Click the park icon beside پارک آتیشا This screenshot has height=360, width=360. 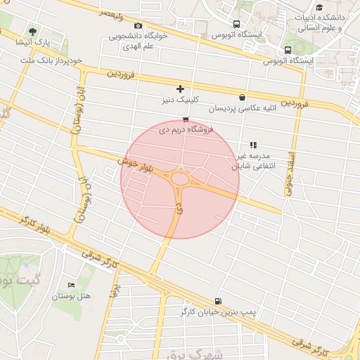click(33, 32)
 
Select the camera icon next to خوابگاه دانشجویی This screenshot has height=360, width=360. click(137, 26)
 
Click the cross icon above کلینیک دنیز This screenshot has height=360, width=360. click(181, 89)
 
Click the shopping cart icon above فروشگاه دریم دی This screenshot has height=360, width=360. click(185, 119)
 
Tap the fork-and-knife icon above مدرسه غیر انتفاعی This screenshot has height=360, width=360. click(253, 145)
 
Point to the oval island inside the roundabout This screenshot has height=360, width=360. click(180, 179)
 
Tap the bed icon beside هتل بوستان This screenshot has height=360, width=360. click(71, 285)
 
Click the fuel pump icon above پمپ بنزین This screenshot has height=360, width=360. click(217, 300)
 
